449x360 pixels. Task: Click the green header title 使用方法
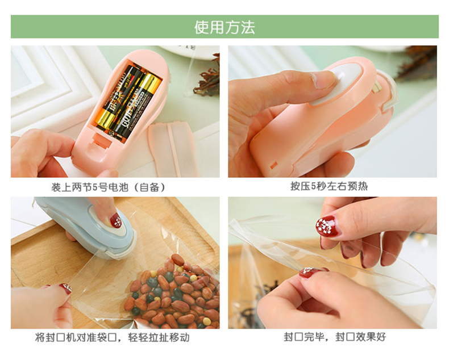tap(224, 27)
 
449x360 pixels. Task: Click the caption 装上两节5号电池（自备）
tap(109, 187)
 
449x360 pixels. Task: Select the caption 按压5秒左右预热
tap(329, 186)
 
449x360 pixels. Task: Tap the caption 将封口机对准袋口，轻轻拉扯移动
tap(113, 337)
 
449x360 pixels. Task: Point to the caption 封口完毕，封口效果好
tap(335, 337)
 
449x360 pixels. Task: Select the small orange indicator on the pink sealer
tap(273, 165)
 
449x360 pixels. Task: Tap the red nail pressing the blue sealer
tap(116, 220)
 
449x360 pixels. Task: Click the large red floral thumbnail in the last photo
tap(327, 227)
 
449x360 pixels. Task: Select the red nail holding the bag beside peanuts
tap(65, 288)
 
